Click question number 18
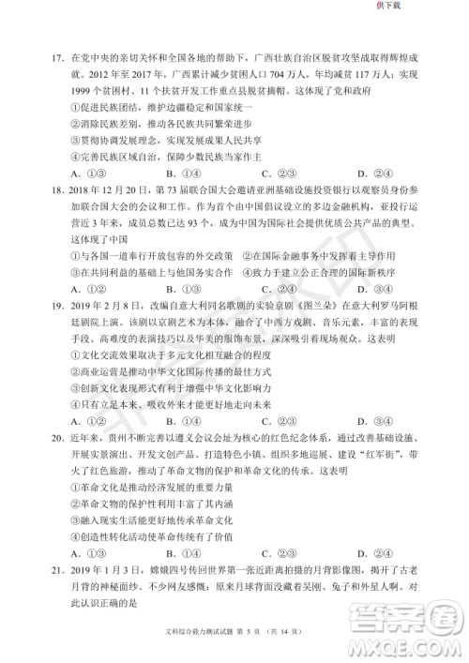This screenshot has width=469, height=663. point(56,188)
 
